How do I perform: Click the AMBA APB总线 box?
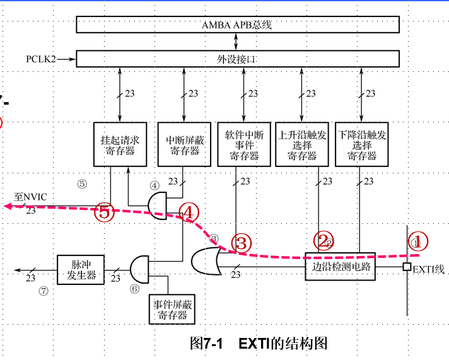pos(238,25)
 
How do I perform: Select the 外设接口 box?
pos(238,59)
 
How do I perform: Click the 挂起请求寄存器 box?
pos(120,144)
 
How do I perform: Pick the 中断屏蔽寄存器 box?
pos(183,144)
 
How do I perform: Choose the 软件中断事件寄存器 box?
pos(243,144)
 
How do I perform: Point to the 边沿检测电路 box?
pos(340,265)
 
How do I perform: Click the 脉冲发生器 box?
pos(79,270)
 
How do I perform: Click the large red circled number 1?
pos(419,240)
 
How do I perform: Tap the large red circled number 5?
pos(105,212)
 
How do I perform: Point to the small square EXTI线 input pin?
pos(407,267)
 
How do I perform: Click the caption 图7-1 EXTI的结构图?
pos(259,344)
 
